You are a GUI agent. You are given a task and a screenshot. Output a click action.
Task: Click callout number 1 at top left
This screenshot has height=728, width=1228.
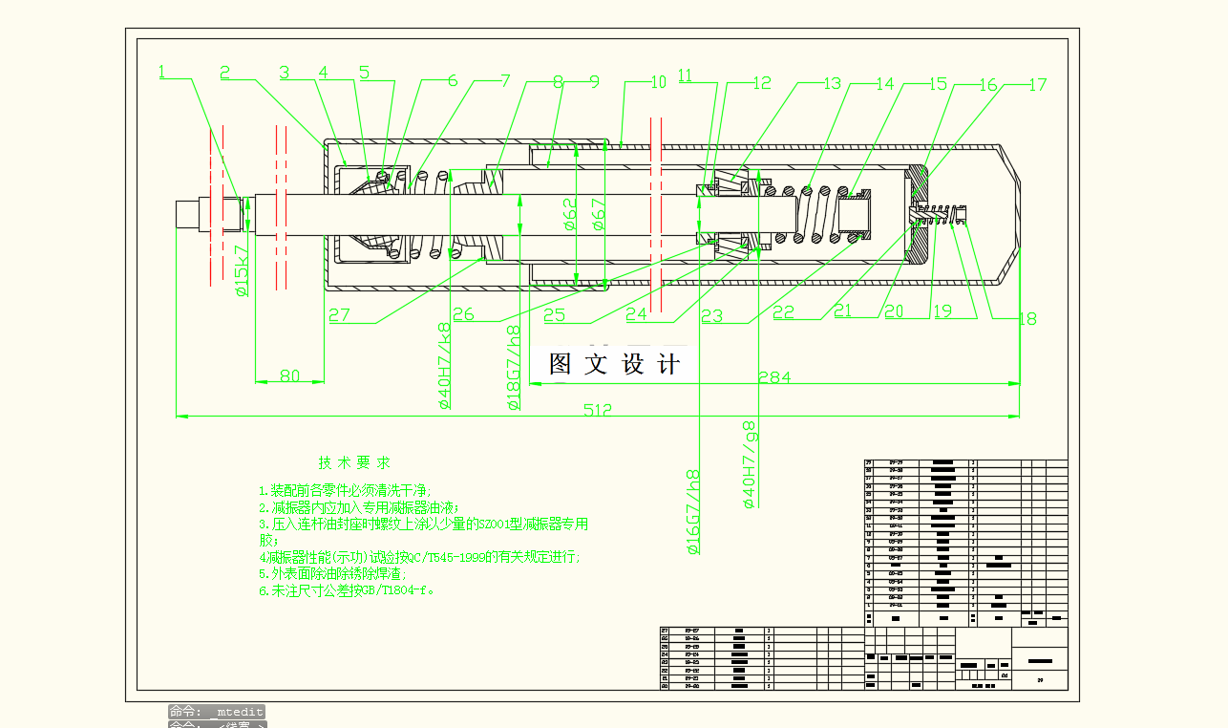[x=162, y=71]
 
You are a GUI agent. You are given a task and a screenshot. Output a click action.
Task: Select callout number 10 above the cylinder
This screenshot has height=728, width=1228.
[x=658, y=82]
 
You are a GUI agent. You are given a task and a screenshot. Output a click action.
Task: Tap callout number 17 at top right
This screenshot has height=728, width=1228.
[x=1037, y=85]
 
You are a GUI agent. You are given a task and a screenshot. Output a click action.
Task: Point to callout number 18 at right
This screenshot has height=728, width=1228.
[x=1027, y=319]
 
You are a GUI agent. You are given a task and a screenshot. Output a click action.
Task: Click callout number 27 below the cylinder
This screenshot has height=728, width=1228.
[x=339, y=314]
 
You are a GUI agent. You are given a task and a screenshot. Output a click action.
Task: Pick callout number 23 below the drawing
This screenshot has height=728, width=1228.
[x=711, y=316]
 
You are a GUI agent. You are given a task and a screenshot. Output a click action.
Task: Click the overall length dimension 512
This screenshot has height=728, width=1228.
[x=598, y=410]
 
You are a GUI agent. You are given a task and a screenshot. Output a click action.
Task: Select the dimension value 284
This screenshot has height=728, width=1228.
[x=773, y=377]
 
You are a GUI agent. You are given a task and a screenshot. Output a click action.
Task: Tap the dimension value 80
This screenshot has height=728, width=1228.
[x=289, y=376]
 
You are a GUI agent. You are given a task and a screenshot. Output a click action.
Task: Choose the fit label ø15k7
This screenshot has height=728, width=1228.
[x=243, y=269]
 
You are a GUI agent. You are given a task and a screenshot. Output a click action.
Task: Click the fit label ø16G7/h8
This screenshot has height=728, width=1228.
[x=694, y=512]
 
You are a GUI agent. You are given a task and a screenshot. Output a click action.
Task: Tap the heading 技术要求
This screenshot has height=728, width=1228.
[x=354, y=463]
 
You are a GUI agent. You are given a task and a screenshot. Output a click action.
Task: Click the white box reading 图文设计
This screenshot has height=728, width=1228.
[x=614, y=364]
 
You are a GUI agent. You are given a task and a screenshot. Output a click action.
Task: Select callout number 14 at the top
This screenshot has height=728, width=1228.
[x=885, y=84]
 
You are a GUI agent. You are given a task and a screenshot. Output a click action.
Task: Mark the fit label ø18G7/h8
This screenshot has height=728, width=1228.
[x=514, y=368]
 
